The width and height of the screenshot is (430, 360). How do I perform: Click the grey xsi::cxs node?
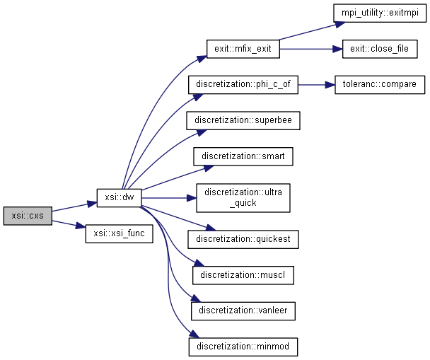[27, 215]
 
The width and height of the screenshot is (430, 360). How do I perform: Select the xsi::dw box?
[119, 197]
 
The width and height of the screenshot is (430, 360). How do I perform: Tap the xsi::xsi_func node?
[118, 233]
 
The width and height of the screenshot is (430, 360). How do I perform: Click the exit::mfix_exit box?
[243, 49]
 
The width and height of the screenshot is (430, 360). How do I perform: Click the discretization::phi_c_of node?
[243, 85]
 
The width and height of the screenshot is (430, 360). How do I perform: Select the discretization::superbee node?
[243, 121]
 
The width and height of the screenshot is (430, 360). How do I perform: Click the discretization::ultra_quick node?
[243, 197]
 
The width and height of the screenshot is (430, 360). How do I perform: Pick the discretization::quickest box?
[243, 238]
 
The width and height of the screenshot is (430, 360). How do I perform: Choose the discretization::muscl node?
[243, 274]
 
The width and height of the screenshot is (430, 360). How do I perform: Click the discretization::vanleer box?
[243, 310]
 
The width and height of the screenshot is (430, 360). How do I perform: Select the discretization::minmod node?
[243, 347]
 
